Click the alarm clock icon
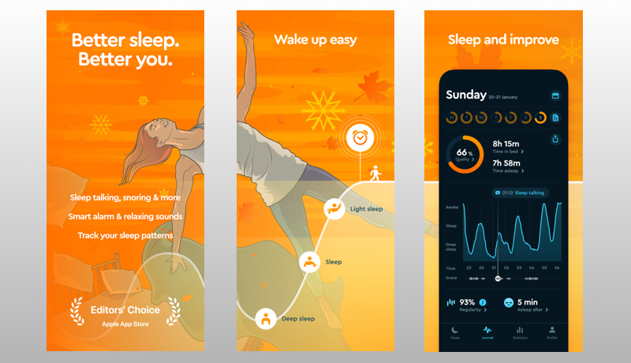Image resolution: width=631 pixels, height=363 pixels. pyautogui.click(x=360, y=137)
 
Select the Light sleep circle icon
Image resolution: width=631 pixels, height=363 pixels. pyautogui.click(x=335, y=209)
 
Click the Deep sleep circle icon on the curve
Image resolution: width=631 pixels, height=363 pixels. pyautogui.click(x=266, y=318)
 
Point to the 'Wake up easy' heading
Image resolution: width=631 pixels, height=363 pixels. pyautogui.click(x=315, y=39)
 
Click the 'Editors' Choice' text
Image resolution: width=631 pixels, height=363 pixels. pyautogui.click(x=125, y=309)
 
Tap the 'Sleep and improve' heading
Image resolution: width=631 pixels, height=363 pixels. pyautogui.click(x=503, y=39)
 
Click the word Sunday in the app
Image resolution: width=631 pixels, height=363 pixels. pyautogui.click(x=466, y=95)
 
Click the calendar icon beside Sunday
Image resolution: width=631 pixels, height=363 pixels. pyautogui.click(x=554, y=95)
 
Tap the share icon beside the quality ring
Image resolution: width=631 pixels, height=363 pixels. pyautogui.click(x=554, y=139)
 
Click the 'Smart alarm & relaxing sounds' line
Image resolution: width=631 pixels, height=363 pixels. pyautogui.click(x=125, y=215)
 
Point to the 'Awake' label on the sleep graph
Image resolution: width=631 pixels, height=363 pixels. pyautogui.click(x=451, y=208)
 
